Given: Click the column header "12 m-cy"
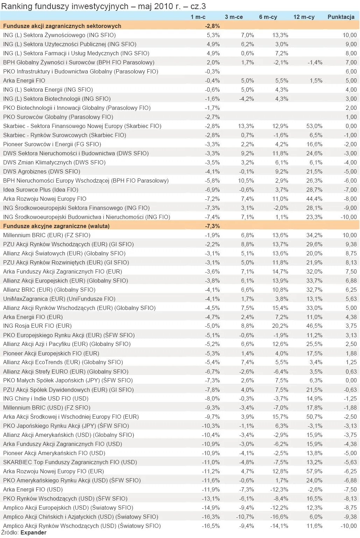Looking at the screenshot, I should (x=304, y=17).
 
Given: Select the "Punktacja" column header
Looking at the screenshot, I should (x=341, y=17).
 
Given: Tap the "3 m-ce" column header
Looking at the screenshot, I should (x=234, y=17).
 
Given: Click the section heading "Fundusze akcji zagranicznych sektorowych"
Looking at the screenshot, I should (x=62, y=26).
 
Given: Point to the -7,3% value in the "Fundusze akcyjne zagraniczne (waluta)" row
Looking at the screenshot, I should (x=212, y=226).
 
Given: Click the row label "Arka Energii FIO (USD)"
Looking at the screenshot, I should (x=33, y=489).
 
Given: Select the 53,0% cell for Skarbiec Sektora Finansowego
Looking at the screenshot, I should (x=314, y=126).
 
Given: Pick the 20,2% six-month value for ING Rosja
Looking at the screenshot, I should (x=280, y=326).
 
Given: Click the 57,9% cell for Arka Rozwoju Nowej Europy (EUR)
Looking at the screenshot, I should (x=314, y=471).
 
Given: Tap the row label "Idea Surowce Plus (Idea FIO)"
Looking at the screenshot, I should (x=41, y=190).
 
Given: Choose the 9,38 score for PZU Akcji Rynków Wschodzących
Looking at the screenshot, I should (x=350, y=244).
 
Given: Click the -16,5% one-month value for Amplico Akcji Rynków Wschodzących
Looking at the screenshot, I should (x=211, y=526).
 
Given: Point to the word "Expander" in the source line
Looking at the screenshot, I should (x=33, y=532).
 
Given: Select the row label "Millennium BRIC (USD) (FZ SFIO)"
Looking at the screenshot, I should (x=47, y=408).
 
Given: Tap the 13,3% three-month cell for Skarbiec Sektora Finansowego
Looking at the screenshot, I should (x=246, y=126).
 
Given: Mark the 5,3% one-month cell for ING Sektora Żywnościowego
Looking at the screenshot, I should (x=213, y=35).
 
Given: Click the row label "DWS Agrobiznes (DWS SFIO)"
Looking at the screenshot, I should (x=42, y=171).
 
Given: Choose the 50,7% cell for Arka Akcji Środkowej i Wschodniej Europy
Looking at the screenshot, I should (x=314, y=417).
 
